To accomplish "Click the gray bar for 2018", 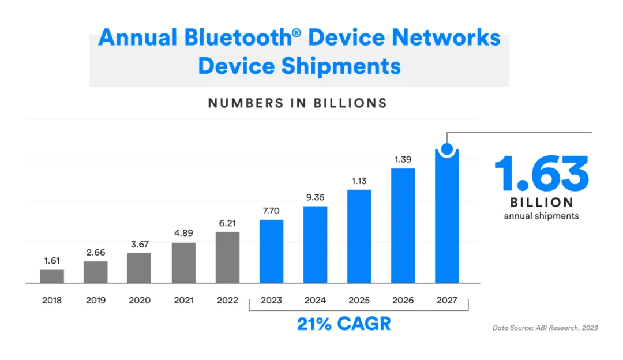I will [x=52, y=276].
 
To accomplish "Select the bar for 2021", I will [x=183, y=262].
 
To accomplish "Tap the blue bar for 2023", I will [x=271, y=252].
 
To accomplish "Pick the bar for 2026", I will [x=403, y=226].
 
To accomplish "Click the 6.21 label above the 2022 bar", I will [x=227, y=223].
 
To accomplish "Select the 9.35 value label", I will [x=315, y=197].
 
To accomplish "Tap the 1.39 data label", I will [x=403, y=159].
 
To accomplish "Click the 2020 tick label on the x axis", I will [x=140, y=301].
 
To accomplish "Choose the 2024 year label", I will [x=315, y=301].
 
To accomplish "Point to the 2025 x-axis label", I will [x=359, y=301].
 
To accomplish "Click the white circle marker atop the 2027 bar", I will [x=447, y=149].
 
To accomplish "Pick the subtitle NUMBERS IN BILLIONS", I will [x=297, y=103].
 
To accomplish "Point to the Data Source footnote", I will [x=545, y=328].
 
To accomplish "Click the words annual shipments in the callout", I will [x=541, y=216].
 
